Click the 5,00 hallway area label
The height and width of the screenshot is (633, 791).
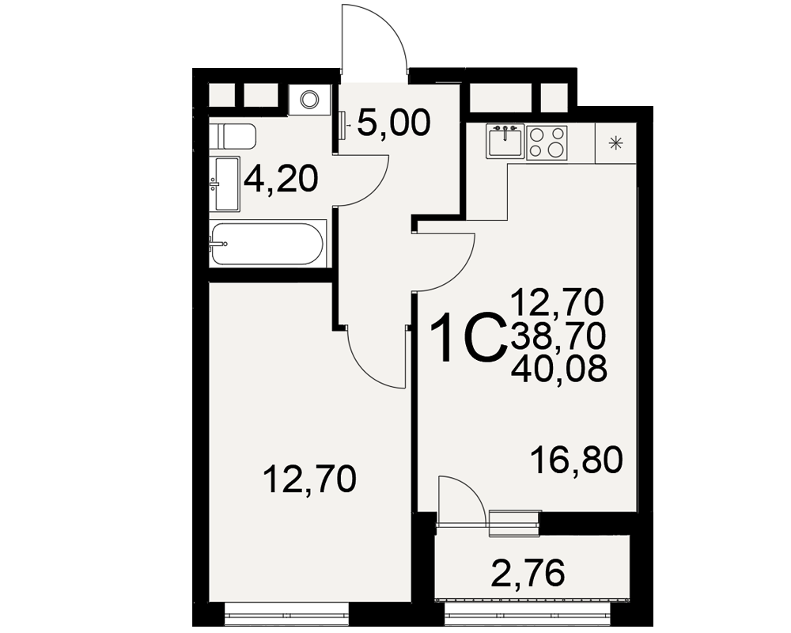tap(394, 123)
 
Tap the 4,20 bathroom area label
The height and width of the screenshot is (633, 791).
tap(281, 180)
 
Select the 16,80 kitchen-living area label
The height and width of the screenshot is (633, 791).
tap(577, 460)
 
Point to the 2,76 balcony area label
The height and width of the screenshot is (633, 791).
tap(528, 573)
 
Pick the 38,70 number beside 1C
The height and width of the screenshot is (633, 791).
tap(558, 336)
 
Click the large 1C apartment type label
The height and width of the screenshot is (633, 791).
tap(468, 337)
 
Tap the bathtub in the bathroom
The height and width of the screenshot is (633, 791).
tap(267, 244)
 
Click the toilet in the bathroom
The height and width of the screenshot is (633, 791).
tap(233, 136)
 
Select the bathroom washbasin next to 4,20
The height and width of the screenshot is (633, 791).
tap(226, 184)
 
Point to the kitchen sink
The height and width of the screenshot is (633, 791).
tap(505, 140)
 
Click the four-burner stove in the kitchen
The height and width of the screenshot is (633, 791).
tap(547, 142)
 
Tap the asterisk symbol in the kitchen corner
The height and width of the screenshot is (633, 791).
tap(615, 144)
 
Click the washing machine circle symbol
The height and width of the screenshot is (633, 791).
tap(308, 99)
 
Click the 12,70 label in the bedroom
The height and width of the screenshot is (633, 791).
tap(310, 479)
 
